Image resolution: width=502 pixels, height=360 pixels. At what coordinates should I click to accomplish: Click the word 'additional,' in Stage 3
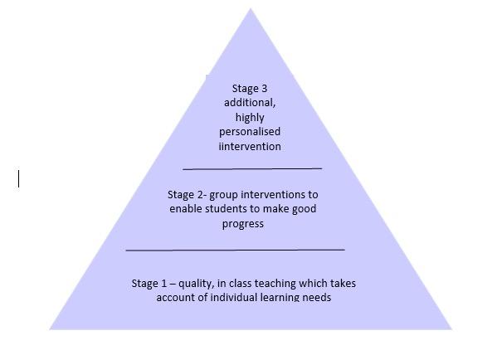coord(250,103)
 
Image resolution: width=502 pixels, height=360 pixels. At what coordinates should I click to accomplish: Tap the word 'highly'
coord(250,118)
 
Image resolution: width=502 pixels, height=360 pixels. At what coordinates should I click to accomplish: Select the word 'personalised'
coord(250,132)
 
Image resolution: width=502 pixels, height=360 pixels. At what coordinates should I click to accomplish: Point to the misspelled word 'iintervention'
coord(250,147)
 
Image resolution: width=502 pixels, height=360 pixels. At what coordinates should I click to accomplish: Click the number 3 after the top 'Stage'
coord(264,89)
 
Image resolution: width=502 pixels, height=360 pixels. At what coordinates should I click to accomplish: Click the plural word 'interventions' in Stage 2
coord(272,195)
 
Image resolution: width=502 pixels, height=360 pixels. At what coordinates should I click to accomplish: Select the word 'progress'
coord(243,224)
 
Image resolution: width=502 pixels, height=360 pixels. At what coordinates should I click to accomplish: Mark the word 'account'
coord(176,297)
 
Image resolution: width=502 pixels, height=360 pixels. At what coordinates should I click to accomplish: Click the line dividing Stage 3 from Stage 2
coord(251,168)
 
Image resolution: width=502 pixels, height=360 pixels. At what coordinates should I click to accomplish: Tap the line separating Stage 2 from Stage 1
coord(235,249)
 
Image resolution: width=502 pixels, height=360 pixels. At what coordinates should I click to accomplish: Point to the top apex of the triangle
coord(251,10)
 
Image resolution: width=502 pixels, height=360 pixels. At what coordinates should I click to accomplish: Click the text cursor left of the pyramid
coord(19,178)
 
